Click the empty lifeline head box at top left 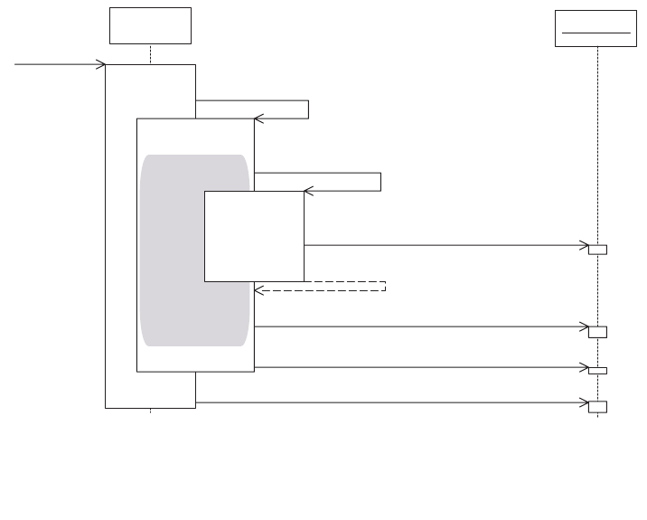click(x=150, y=25)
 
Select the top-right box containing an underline click(x=595, y=29)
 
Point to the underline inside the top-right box click(x=595, y=33)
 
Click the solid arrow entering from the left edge click(x=54, y=64)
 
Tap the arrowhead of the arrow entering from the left click(x=102, y=64)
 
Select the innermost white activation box click(x=254, y=236)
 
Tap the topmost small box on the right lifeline click(x=597, y=250)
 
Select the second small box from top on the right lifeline click(x=597, y=332)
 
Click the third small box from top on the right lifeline click(x=597, y=370)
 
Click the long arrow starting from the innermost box click(x=443, y=245)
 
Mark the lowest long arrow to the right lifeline click(x=389, y=402)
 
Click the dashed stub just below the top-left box click(x=150, y=53)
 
